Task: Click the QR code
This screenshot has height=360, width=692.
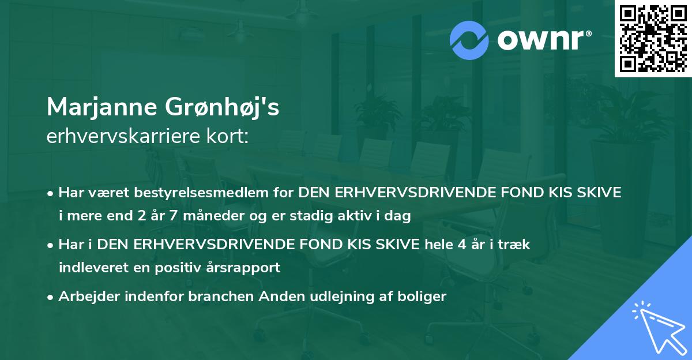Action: tap(653, 38)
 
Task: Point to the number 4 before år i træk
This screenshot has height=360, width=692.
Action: tap(461, 244)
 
